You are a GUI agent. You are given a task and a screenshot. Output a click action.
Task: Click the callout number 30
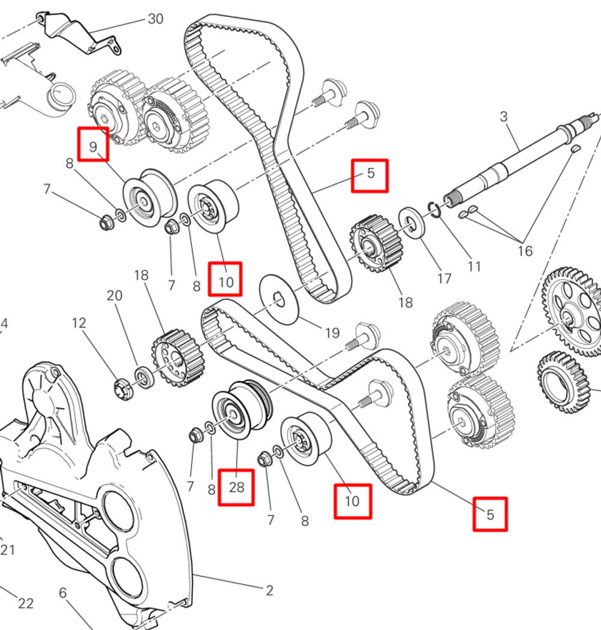155,19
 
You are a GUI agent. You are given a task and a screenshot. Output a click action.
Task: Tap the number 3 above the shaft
504,116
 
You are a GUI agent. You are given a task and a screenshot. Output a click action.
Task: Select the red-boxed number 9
93,144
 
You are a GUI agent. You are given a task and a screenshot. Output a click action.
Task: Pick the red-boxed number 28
236,487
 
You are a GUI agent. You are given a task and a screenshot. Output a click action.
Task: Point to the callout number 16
525,250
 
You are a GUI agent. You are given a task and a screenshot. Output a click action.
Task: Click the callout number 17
444,278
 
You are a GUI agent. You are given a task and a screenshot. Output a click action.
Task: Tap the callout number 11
474,265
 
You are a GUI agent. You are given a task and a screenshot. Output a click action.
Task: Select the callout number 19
332,332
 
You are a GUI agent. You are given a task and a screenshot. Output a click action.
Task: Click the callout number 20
114,295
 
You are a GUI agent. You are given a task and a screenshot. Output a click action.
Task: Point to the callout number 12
79,323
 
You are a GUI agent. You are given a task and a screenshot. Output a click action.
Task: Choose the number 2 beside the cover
269,590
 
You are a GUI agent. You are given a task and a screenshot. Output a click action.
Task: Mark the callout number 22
25,604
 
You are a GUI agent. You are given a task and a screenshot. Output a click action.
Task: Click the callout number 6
63,593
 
